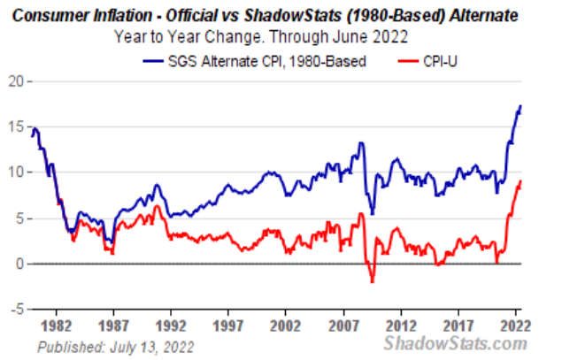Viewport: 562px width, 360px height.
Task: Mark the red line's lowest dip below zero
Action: click(372, 281)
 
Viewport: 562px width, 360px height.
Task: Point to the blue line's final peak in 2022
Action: click(520, 106)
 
